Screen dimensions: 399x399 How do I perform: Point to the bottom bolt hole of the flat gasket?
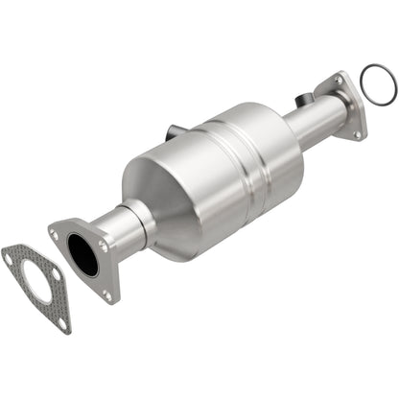tap(62, 323)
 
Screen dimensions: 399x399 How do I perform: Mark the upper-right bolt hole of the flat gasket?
tap(55, 273)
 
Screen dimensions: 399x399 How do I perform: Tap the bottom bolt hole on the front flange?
tap(108, 295)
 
